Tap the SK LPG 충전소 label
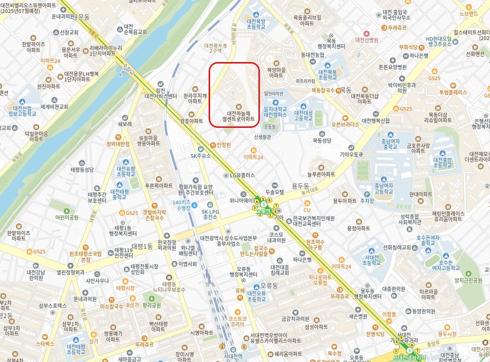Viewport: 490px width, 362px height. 210,214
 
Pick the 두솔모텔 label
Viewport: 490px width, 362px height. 275,192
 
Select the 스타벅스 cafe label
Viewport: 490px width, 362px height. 45,343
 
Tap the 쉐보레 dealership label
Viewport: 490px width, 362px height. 125,124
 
